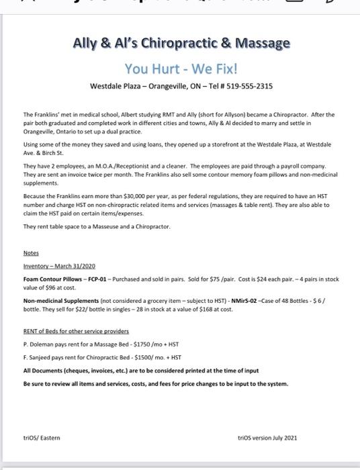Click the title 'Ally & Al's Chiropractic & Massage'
coord(181,44)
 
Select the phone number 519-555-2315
coord(252,87)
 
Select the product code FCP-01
coord(84,279)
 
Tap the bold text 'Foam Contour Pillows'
coord(47,279)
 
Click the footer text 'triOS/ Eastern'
coord(41,437)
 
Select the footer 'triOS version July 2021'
coord(267,437)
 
